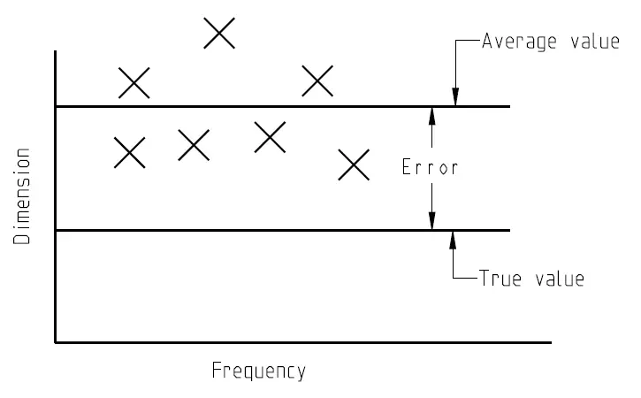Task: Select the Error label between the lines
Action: click(431, 167)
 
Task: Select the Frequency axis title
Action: click(258, 371)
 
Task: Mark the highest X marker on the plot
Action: click(219, 34)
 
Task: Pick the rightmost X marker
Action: click(354, 165)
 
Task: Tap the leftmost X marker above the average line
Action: click(134, 83)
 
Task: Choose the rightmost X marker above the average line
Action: click(317, 80)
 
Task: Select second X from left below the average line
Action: click(194, 145)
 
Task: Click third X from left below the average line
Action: click(270, 137)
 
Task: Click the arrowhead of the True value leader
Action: click(453, 237)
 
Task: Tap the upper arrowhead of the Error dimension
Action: click(431, 112)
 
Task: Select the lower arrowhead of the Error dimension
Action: click(431, 224)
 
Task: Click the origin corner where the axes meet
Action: click(56, 341)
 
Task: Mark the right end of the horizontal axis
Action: click(550, 341)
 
